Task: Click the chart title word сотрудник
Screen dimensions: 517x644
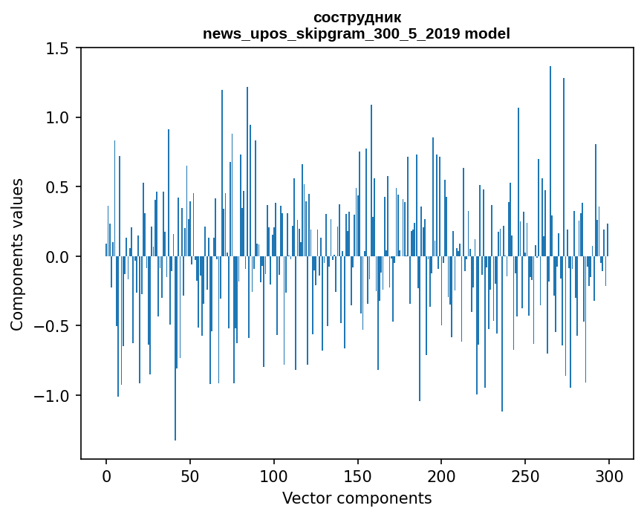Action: pyautogui.click(x=357, y=17)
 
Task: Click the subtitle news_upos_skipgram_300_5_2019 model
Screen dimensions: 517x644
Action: pyautogui.click(x=357, y=33)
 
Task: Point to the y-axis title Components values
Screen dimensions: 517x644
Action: pyautogui.click(x=17, y=254)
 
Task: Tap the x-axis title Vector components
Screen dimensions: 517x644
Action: pyautogui.click(x=357, y=498)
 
